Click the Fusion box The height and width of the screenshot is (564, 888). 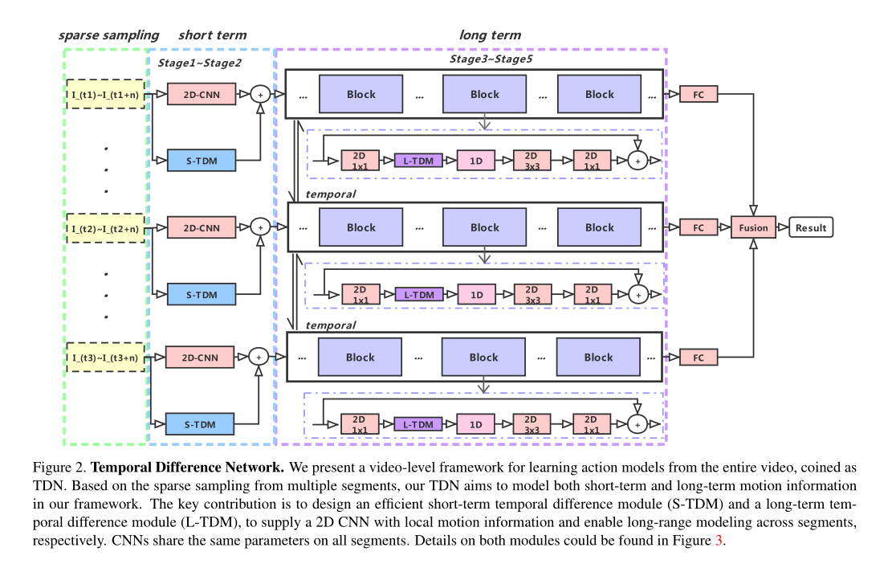[753, 227]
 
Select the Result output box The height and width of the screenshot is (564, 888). [810, 227]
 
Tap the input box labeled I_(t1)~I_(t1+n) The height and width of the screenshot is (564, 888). [104, 94]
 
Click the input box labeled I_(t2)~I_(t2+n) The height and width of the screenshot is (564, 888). [104, 228]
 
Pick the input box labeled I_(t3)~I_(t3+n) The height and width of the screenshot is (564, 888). [104, 357]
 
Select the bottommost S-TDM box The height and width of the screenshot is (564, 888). [200, 423]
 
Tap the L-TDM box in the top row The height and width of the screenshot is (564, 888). [418, 161]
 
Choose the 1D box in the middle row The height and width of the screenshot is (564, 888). [477, 295]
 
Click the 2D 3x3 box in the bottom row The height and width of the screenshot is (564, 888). [531, 423]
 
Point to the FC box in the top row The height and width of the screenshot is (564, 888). [698, 94]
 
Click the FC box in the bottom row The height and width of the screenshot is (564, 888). [698, 357]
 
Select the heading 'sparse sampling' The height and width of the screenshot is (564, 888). [108, 35]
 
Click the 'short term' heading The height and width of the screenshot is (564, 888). [212, 35]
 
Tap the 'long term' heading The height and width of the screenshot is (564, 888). [490, 35]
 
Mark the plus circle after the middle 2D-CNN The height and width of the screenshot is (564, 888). [259, 227]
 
